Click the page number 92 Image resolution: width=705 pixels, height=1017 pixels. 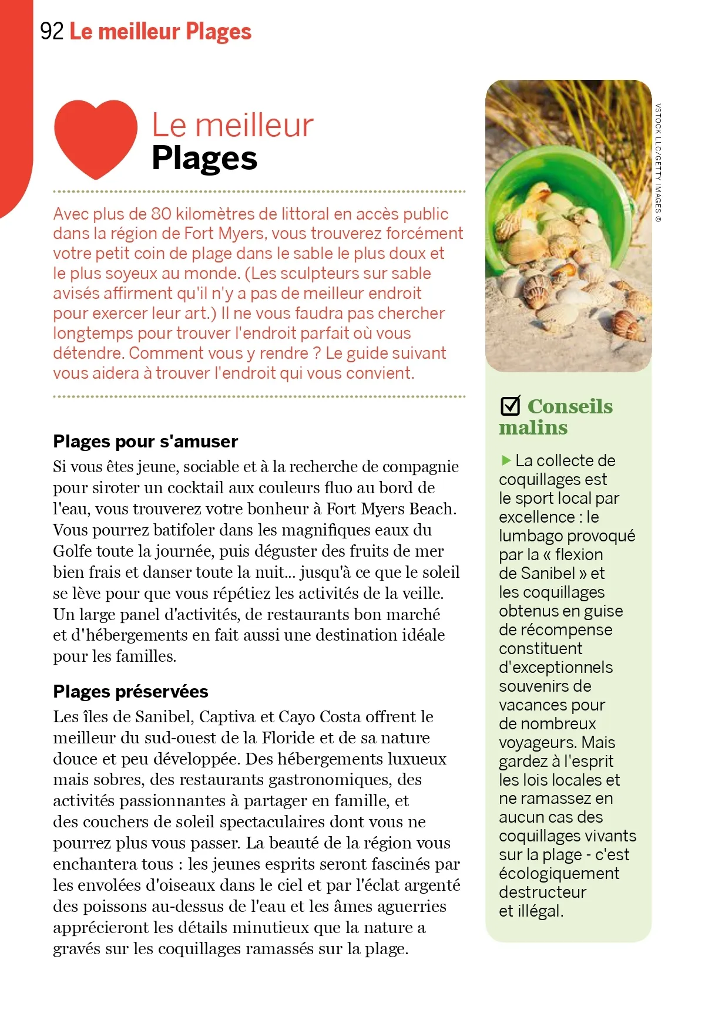click(x=51, y=31)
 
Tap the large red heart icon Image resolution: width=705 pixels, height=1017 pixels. click(x=95, y=137)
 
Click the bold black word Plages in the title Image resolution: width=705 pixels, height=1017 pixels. click(x=204, y=159)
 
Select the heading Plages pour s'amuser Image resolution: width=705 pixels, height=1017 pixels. click(x=145, y=441)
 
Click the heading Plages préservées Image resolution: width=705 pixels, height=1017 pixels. click(x=130, y=691)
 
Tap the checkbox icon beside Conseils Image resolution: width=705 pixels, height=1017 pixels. click(x=510, y=406)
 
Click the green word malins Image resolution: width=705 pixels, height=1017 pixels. click(x=533, y=427)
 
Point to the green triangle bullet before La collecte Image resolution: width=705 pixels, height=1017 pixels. click(x=506, y=460)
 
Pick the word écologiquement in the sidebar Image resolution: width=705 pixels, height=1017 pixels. click(x=559, y=873)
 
